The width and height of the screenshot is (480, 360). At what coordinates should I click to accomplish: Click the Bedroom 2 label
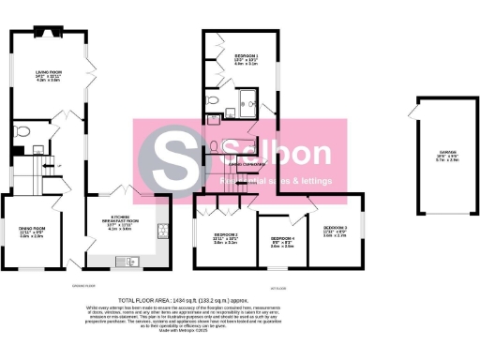coord(225,237)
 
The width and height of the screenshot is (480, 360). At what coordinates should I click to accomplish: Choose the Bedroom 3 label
coord(336,232)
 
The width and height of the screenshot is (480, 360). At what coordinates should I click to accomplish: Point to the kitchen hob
coord(164,232)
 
